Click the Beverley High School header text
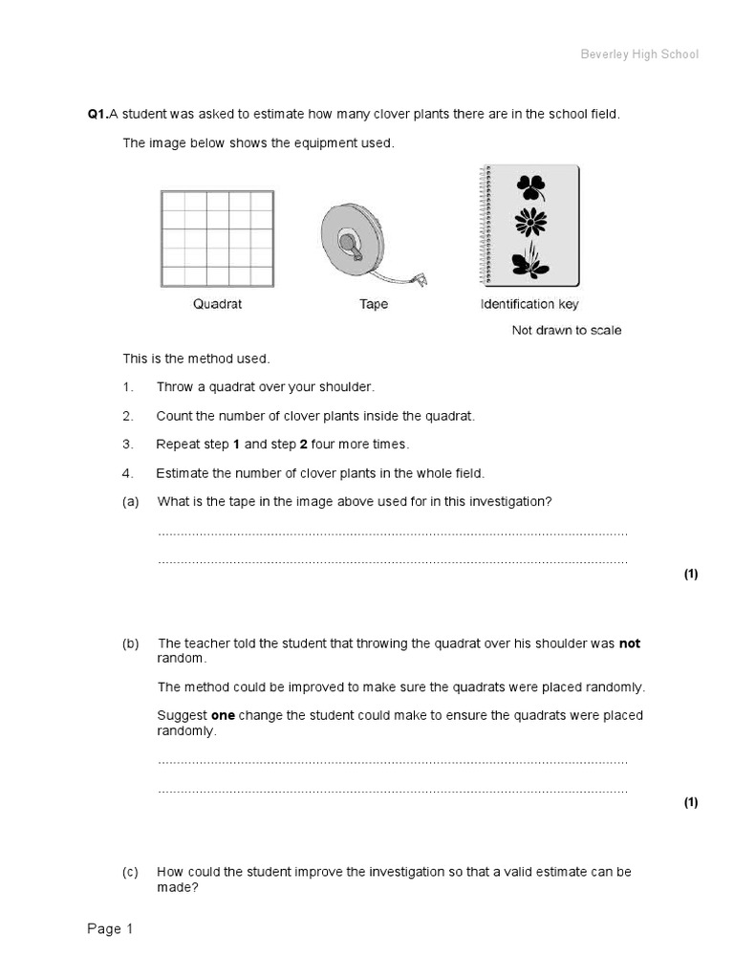tap(639, 54)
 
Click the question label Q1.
tap(97, 114)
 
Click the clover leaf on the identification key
tap(529, 186)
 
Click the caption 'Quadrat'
tap(217, 305)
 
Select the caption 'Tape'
tap(374, 305)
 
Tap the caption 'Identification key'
tap(529, 305)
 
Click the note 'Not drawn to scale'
tap(566, 331)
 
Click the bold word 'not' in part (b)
tap(630, 644)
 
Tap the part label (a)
tap(131, 502)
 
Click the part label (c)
tap(131, 873)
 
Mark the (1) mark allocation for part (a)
tap(690, 575)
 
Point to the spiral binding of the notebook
tap(484, 226)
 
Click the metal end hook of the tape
tap(419, 280)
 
